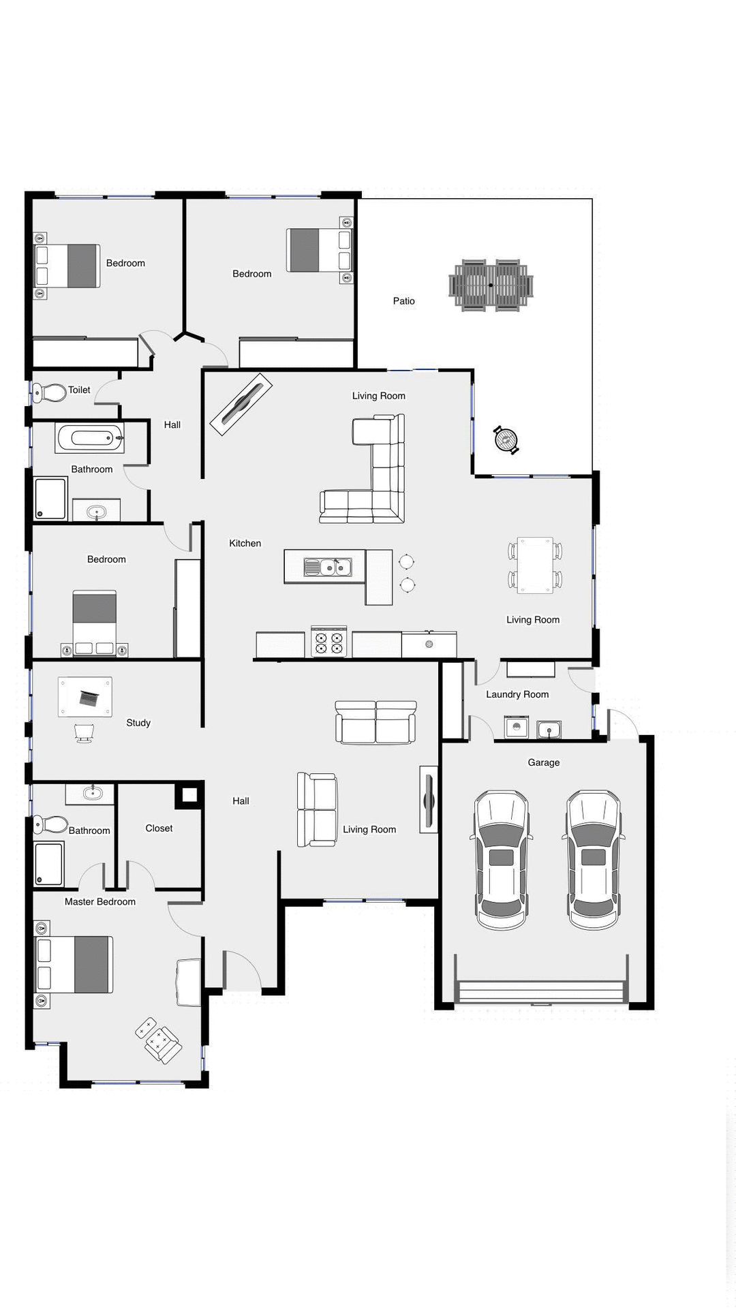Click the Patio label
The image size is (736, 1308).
click(x=403, y=301)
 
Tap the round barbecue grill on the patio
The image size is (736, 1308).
click(x=506, y=439)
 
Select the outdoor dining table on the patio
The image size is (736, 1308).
click(x=491, y=285)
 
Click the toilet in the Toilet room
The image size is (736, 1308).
click(x=50, y=392)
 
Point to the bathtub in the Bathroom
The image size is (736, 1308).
click(x=90, y=438)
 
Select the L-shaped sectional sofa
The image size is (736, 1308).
click(x=371, y=477)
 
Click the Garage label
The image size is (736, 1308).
click(x=543, y=762)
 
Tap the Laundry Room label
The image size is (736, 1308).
click(x=517, y=694)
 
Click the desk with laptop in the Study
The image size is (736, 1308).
click(x=85, y=697)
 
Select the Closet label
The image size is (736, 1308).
click(x=159, y=828)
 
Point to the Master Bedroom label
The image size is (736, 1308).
click(x=100, y=901)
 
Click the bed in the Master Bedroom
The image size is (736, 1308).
click(x=74, y=964)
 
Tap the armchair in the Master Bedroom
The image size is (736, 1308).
click(x=159, y=1040)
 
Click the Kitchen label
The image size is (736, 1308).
click(x=245, y=543)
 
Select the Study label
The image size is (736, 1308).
click(x=138, y=723)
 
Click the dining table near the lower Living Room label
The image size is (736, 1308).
click(x=535, y=565)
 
